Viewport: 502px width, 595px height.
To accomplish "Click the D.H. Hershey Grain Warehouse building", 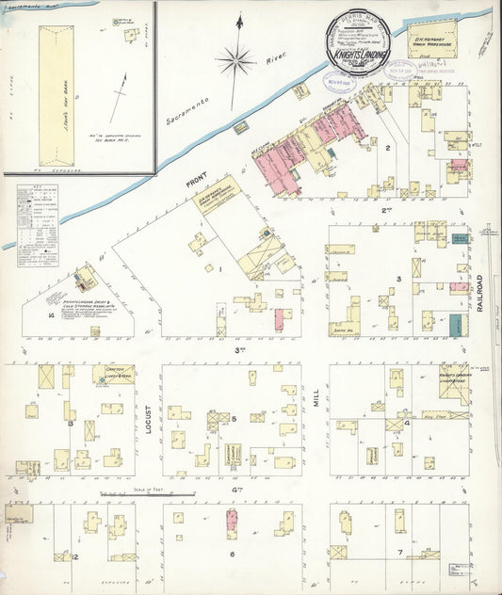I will coord(430,42).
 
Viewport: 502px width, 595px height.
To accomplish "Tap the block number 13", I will coord(71,424).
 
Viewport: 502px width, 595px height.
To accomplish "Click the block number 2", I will coord(387,148).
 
